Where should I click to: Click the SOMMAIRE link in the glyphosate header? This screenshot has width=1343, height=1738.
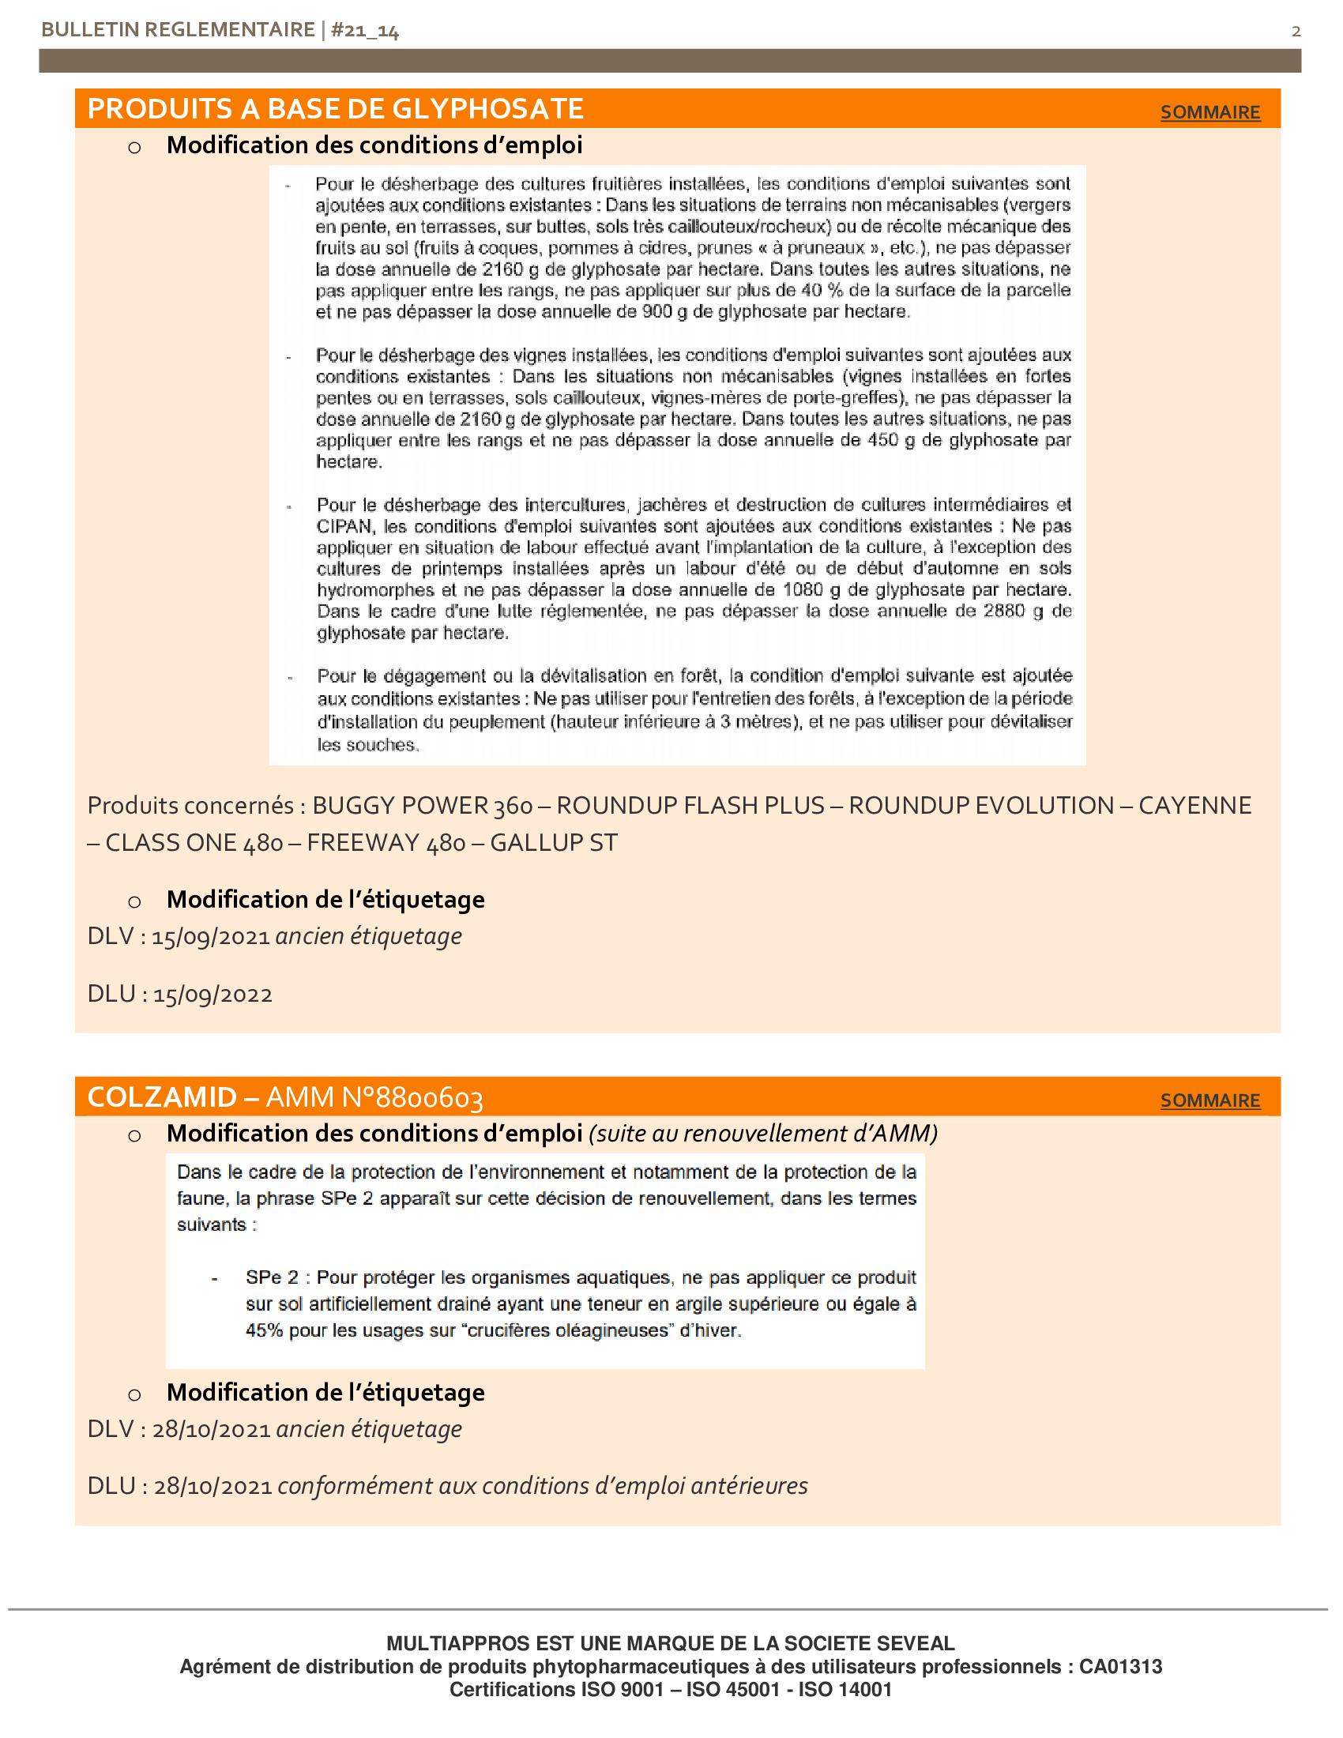tap(1209, 112)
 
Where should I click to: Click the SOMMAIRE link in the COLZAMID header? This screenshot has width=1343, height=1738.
tap(1209, 1100)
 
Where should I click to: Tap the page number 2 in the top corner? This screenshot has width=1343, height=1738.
tap(1296, 31)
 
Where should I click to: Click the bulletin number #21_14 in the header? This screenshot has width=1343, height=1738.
tap(364, 30)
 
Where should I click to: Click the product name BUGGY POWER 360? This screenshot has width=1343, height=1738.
tap(423, 805)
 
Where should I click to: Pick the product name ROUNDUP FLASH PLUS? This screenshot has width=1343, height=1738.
tap(690, 805)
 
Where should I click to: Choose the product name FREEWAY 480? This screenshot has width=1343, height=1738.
tap(386, 843)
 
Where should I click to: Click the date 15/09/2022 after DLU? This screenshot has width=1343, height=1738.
tap(213, 995)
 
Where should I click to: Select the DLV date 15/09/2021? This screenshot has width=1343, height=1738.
tap(211, 937)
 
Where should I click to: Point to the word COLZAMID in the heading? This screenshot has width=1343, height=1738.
tap(162, 1097)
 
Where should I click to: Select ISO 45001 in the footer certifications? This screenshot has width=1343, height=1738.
tap(733, 1691)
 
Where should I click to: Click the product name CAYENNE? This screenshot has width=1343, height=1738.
tap(1194, 805)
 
